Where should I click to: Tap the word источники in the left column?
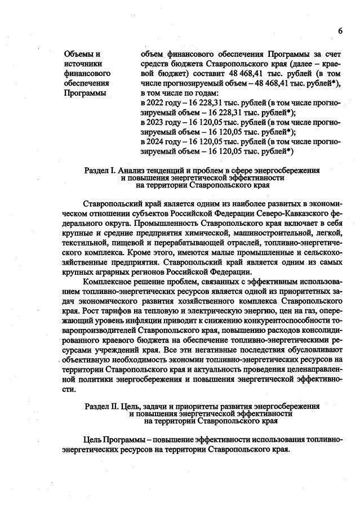[x=83, y=64]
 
